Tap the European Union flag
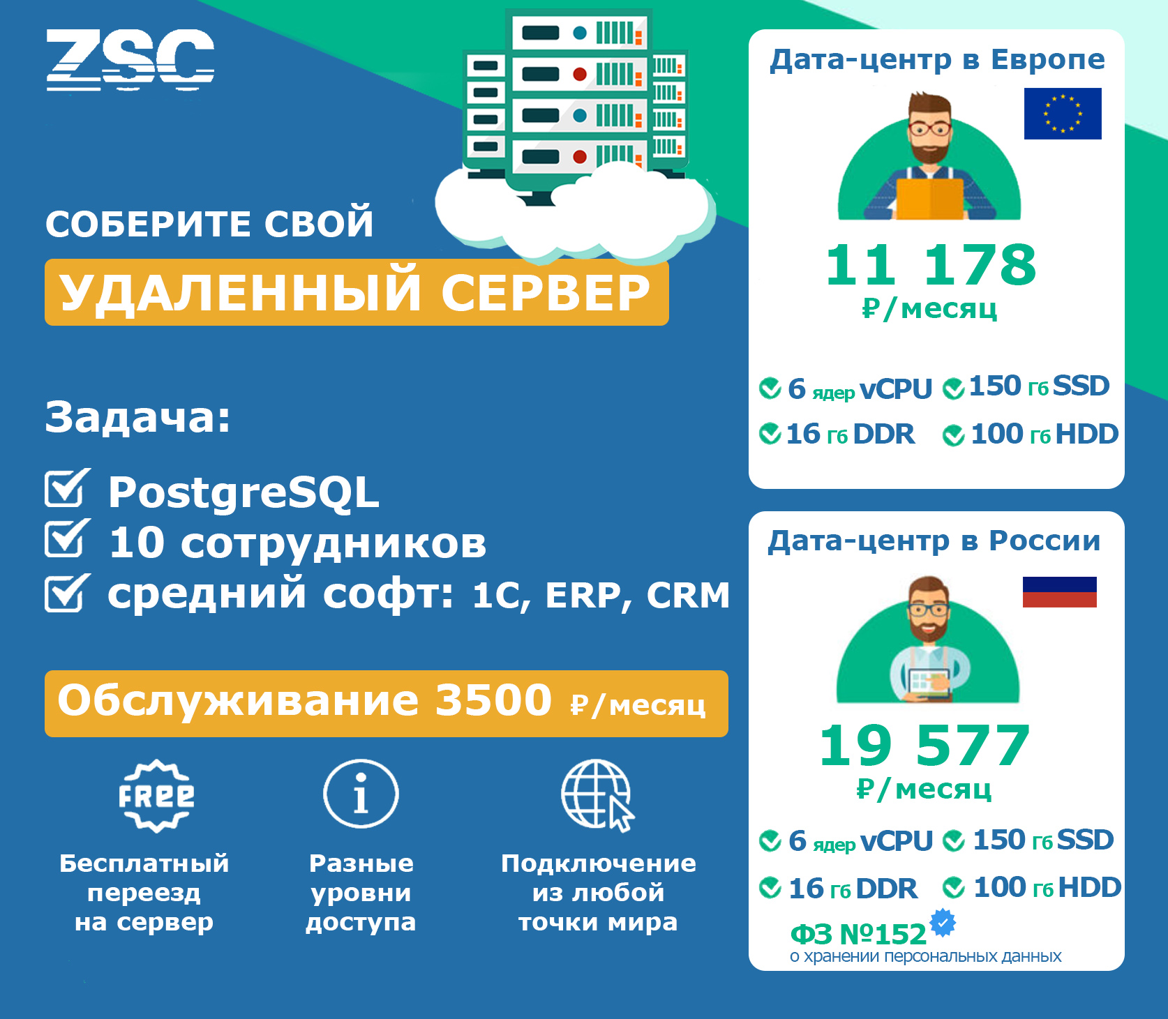pyautogui.click(x=1063, y=114)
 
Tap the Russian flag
pyautogui.click(x=1059, y=592)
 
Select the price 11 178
pyautogui.click(x=931, y=266)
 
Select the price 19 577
pyautogui.click(x=924, y=746)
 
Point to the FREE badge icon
pyautogui.click(x=156, y=796)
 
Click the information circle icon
pyautogui.click(x=361, y=794)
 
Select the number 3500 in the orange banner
pyautogui.click(x=493, y=700)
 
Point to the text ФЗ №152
pyautogui.click(x=858, y=934)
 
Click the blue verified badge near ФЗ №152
pyautogui.click(x=943, y=923)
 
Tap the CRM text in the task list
pyautogui.click(x=688, y=595)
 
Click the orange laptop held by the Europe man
pyautogui.click(x=929, y=199)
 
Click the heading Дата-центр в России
pyautogui.click(x=934, y=541)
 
